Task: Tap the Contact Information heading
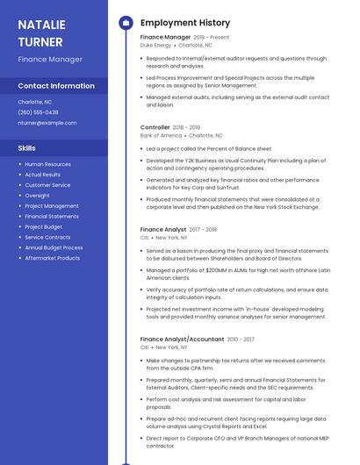56,86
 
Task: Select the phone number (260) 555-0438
38,112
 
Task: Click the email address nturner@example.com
47,123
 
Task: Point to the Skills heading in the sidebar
26,148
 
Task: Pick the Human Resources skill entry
47,164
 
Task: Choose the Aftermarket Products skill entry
52,258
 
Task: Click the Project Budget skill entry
43,226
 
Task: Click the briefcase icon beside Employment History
126,23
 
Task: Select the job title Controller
155,127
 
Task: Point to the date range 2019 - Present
212,38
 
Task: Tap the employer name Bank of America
161,136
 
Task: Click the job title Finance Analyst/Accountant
182,339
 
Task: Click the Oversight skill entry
37,196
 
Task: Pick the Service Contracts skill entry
47,237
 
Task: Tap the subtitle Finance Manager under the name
50,59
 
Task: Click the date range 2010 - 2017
241,339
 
